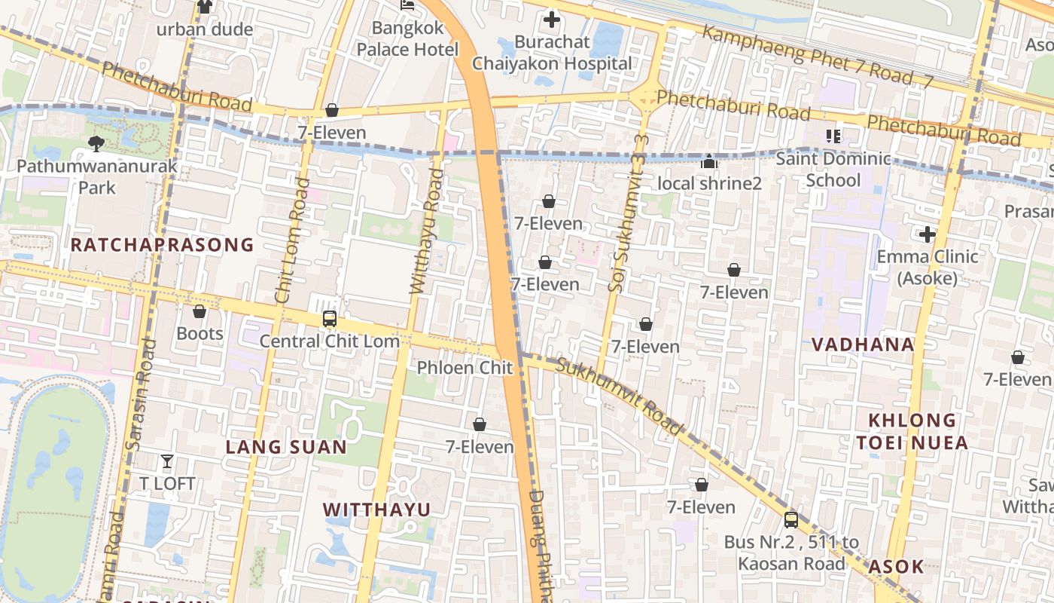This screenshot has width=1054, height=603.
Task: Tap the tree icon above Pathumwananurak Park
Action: click(x=96, y=143)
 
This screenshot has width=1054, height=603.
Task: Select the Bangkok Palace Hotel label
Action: click(x=407, y=39)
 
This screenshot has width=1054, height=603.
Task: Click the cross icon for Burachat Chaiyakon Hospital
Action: click(x=552, y=20)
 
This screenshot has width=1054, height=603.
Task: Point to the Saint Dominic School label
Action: click(x=833, y=170)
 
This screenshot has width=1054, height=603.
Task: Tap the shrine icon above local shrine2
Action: click(x=709, y=161)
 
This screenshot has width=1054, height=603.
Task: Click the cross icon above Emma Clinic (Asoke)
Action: click(x=927, y=234)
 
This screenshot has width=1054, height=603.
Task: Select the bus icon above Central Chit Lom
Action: click(x=329, y=318)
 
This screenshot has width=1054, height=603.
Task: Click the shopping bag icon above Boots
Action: click(x=200, y=311)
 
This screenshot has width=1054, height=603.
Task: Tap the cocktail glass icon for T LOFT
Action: click(x=167, y=461)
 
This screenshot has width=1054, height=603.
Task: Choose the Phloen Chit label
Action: click(x=465, y=368)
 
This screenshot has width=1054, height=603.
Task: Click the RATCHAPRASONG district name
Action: click(x=163, y=245)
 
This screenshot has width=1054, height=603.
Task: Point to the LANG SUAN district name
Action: click(x=286, y=447)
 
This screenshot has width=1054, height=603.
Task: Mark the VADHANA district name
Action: click(x=863, y=344)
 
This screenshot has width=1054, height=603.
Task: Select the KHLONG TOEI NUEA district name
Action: click(x=912, y=431)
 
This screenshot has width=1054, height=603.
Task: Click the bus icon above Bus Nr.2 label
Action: click(x=790, y=519)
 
